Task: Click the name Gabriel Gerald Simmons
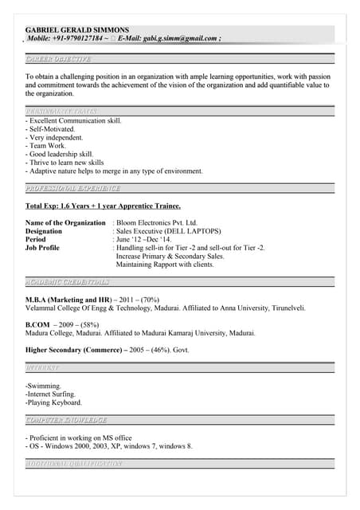tap(76, 29)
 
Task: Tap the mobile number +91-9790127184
tap(78, 37)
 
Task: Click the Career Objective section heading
tap(58, 59)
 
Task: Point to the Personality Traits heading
tap(62, 111)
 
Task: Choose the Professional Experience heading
tap(72, 189)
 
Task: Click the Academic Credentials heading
tap(68, 282)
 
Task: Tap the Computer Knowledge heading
tap(66, 419)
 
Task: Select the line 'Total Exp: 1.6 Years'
tap(103, 206)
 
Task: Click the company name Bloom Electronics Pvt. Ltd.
tap(157, 223)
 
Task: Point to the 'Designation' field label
tap(44, 231)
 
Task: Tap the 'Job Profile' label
tap(42, 248)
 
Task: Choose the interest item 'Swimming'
tap(45, 385)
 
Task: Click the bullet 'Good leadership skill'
tap(60, 154)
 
